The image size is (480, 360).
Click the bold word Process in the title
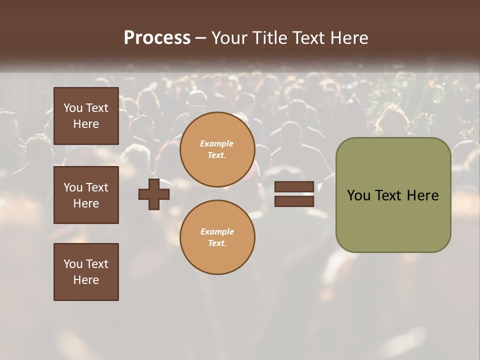(x=157, y=38)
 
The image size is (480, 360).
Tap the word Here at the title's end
(x=349, y=38)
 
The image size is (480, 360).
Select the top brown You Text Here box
(x=86, y=116)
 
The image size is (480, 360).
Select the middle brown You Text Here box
(x=86, y=195)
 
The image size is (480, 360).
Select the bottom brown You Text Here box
(x=86, y=271)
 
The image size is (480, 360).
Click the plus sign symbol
(x=154, y=194)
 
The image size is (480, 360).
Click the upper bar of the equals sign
(x=294, y=187)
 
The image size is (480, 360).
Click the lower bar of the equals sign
(x=294, y=201)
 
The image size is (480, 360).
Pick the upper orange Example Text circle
(x=217, y=149)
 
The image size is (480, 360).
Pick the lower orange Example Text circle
(x=217, y=237)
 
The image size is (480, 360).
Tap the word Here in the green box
(x=422, y=195)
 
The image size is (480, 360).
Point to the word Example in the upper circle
(x=217, y=143)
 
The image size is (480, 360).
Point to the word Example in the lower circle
(x=217, y=231)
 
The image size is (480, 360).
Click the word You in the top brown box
(x=72, y=108)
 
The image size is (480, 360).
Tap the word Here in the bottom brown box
(x=86, y=280)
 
